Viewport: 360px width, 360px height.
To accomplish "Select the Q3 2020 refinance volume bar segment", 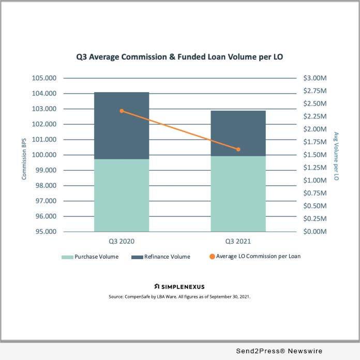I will pos(122,125).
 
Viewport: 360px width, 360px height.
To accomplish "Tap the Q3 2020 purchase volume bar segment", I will pos(122,195).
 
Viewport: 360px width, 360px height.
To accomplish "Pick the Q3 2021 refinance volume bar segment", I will pos(238,133).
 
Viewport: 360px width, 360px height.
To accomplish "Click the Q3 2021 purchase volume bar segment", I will pos(238,193).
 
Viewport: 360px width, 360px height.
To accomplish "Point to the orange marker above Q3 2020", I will pos(122,111).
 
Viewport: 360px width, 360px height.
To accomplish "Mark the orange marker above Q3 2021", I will pos(238,149).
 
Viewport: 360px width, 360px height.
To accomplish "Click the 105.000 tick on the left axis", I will pos(46,79).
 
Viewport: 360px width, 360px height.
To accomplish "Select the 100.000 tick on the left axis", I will pos(46,155).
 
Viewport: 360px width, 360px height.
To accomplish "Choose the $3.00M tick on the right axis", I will pos(315,79).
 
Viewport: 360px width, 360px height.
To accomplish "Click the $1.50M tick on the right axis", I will pos(315,155).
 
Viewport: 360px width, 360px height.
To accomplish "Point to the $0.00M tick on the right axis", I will pos(315,232).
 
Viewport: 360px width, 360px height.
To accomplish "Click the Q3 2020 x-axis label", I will pos(122,241).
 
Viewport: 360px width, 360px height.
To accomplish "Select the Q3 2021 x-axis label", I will pos(238,241).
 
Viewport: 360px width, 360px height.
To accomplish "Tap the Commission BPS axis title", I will pos(24,155).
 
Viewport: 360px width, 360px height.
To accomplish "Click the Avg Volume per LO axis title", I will pos(336,155).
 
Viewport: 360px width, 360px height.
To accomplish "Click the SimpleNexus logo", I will pos(179,286).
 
